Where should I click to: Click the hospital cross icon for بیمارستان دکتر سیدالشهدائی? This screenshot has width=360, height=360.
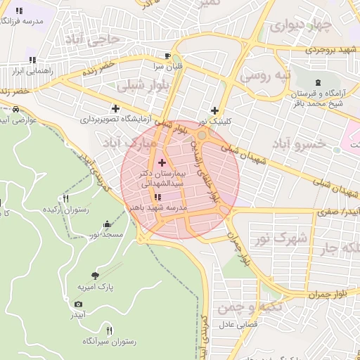162,162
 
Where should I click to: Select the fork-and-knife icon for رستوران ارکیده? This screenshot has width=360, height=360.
65,199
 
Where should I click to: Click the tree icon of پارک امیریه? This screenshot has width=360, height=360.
96,275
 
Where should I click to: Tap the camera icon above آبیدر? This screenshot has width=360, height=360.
78,304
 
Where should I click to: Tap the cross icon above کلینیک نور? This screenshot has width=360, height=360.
214,110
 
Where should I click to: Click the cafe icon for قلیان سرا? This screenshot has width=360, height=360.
167,56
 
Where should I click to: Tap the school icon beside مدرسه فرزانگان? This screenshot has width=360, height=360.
18,11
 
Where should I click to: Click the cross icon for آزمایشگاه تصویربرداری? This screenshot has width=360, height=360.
116,108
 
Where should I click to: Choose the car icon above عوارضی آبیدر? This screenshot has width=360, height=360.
15,110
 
